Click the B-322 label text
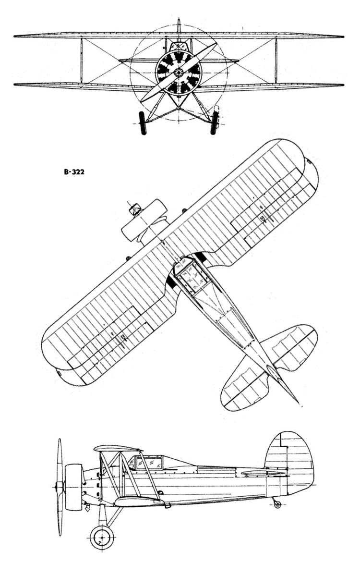pos(74,172)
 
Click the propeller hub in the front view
pos(179,73)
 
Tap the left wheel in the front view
pos(143,123)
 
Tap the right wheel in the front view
pos(214,123)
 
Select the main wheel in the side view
pos(102,537)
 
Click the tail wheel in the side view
pos(277,504)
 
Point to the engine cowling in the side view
pos(73,487)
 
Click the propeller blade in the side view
pos(60,487)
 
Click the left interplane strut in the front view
pos(82,61)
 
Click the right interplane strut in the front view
pos(276,61)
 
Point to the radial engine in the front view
pos(179,73)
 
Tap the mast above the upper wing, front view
pos(179,26)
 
